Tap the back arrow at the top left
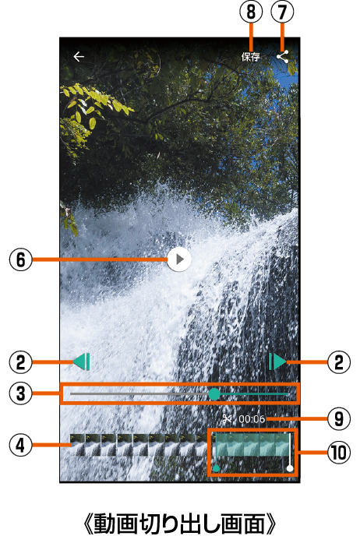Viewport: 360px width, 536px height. (x=79, y=56)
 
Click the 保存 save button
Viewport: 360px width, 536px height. (x=251, y=57)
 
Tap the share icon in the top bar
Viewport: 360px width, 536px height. (x=282, y=57)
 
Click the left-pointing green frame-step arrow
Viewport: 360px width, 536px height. (x=81, y=361)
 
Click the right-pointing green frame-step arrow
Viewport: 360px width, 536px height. (x=277, y=361)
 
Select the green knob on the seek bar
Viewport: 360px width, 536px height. (x=214, y=393)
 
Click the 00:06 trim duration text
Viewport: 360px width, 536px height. (x=252, y=419)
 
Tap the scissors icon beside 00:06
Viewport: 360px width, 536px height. (x=228, y=419)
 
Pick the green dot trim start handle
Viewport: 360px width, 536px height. (x=216, y=468)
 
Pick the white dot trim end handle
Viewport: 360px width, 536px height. (x=290, y=468)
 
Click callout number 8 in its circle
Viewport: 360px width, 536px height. (x=251, y=12)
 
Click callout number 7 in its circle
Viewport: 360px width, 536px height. (x=282, y=12)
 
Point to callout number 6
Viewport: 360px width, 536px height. (x=21, y=259)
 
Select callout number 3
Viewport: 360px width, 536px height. (x=21, y=393)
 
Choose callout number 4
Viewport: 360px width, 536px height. (x=21, y=445)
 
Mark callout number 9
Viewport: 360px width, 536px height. (x=339, y=418)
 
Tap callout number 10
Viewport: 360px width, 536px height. (x=339, y=453)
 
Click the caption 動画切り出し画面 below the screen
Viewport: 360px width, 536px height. (x=179, y=523)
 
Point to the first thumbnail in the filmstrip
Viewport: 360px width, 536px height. (x=78, y=445)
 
